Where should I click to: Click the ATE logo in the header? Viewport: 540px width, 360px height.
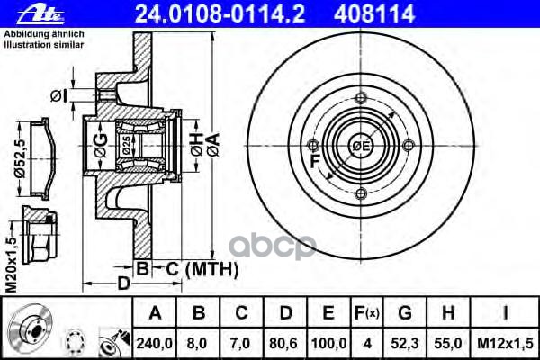point(24,12)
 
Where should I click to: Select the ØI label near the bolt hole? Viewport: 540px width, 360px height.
point(58,95)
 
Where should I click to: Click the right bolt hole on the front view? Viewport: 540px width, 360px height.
point(409,146)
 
